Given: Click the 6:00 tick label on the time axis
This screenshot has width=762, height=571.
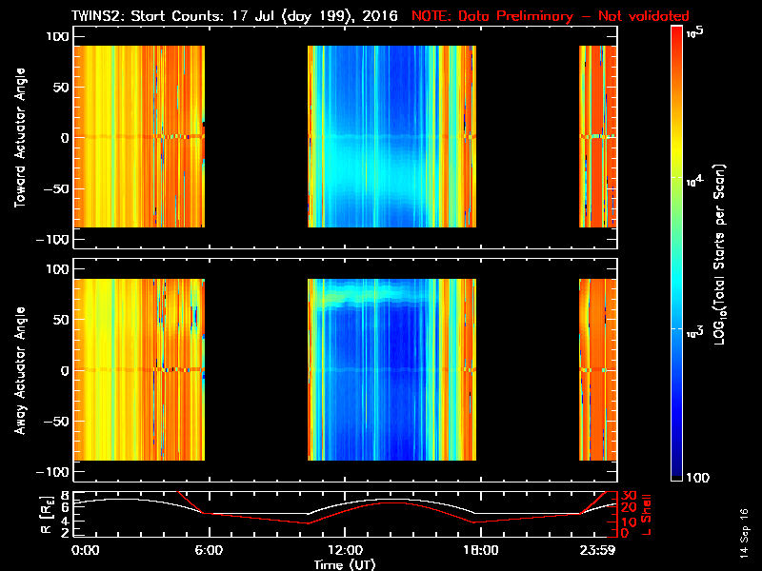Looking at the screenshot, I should (209, 551).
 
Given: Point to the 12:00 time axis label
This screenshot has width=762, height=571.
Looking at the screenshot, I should (345, 551).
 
